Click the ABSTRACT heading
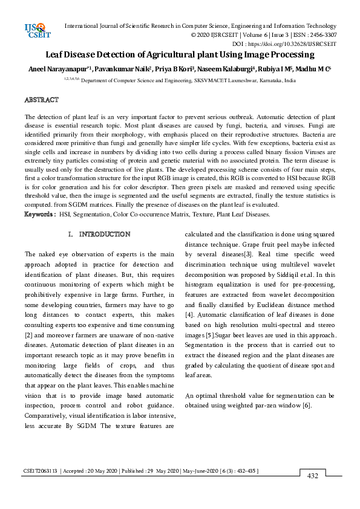41,99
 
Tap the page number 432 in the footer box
313,476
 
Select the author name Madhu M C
314,70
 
